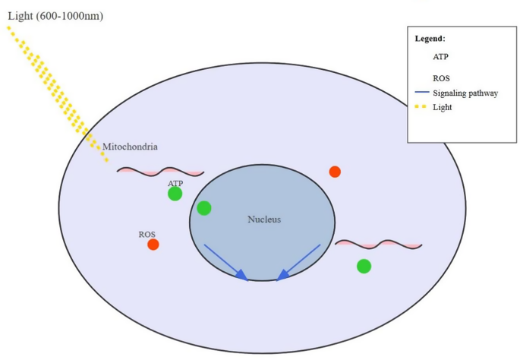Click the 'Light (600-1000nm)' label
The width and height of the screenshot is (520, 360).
tap(55, 16)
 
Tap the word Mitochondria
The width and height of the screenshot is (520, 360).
tap(135, 147)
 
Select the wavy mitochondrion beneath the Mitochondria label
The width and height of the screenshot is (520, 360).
tap(160, 172)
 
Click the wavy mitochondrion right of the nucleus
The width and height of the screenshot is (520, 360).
tap(378, 244)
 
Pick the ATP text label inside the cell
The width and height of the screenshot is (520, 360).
tap(175, 183)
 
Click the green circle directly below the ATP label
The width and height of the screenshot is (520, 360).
tap(175, 194)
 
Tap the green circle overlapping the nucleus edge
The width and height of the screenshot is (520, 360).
tap(203, 208)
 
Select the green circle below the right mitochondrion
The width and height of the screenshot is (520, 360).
tap(364, 266)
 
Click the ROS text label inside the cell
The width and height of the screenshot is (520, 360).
tap(147, 234)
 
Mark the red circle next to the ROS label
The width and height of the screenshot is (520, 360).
tap(153, 245)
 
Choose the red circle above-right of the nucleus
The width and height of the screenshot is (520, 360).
tap(335, 172)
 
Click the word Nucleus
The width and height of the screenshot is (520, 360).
tap(264, 219)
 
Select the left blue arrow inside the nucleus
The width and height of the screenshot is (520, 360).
tap(225, 262)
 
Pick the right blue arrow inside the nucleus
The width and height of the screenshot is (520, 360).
tap(298, 262)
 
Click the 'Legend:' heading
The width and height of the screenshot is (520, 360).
tap(430, 38)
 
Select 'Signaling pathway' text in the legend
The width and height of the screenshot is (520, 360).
tap(465, 93)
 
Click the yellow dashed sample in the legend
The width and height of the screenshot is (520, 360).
tap(421, 107)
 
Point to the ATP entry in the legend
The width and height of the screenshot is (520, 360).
tap(441, 56)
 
